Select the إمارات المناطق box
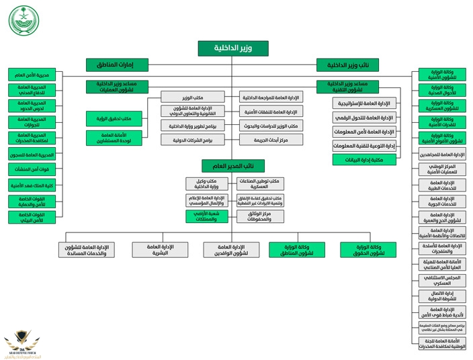(x=118, y=65)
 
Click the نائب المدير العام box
(x=233, y=166)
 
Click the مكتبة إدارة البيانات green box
(x=364, y=160)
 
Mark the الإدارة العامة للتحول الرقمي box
(x=364, y=118)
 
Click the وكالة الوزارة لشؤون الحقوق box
(x=368, y=250)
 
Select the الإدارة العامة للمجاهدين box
(x=441, y=154)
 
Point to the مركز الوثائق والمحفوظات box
(x=259, y=216)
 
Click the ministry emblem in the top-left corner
(x=24, y=20)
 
